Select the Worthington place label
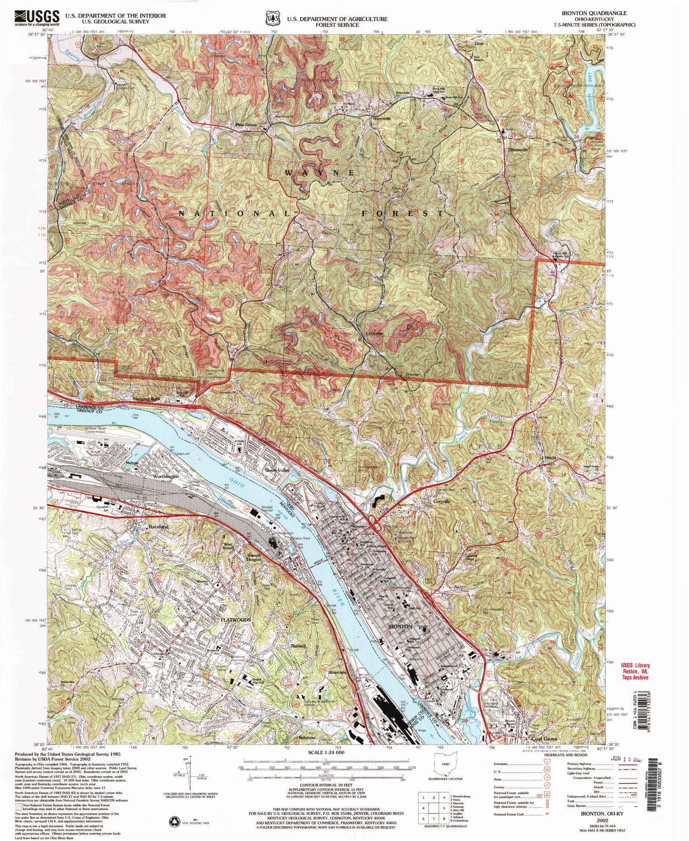click(x=165, y=477)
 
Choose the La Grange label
click(x=374, y=333)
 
